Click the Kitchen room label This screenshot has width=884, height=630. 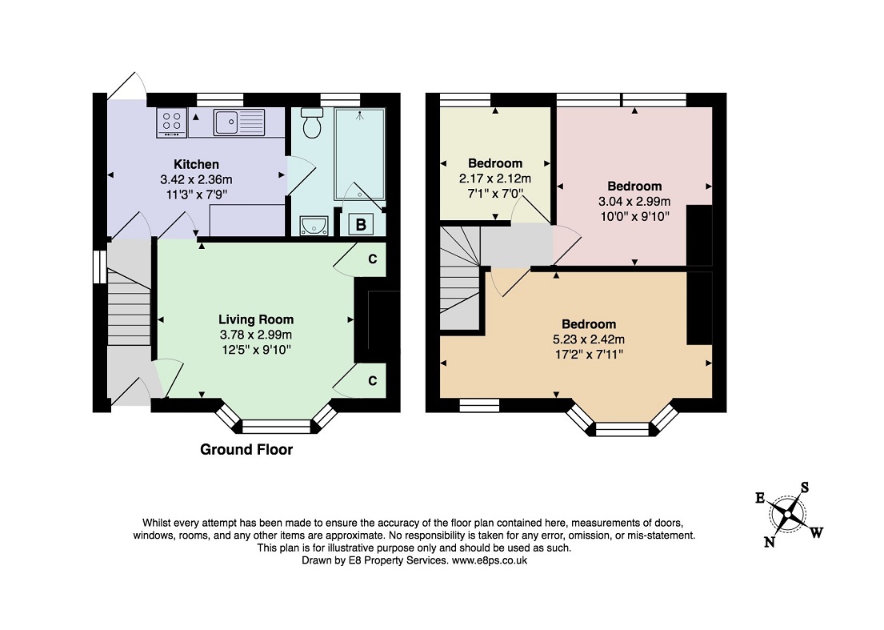click(x=196, y=165)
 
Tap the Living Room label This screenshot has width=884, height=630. click(x=256, y=319)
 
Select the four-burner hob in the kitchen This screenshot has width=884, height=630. click(x=172, y=122)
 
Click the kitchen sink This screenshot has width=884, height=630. click(x=239, y=122)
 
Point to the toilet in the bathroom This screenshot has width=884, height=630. click(x=312, y=123)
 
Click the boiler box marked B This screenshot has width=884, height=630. click(x=361, y=224)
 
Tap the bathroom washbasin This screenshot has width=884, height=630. click(x=314, y=227)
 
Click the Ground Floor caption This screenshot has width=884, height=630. click(x=247, y=450)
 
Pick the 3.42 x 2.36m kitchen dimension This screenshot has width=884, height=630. click(x=196, y=180)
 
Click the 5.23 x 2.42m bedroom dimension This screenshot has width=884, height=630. click(x=589, y=339)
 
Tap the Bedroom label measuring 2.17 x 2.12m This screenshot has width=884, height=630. click(x=495, y=163)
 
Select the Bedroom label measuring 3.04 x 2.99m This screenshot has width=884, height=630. click(x=634, y=187)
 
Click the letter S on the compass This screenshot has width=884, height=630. click(x=805, y=488)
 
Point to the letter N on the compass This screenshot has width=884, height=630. click(x=769, y=543)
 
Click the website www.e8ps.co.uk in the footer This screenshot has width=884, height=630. click(x=490, y=560)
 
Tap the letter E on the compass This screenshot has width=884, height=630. click(x=760, y=498)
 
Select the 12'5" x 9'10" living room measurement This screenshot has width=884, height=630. click(x=256, y=350)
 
